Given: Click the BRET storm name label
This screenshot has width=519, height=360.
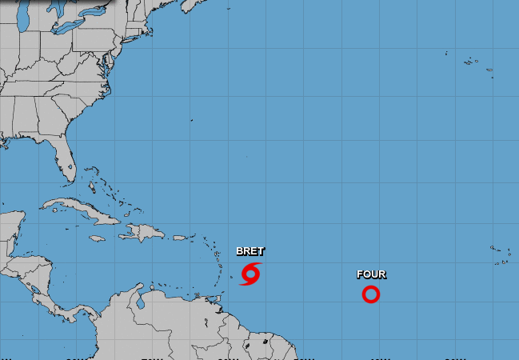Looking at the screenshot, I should click(x=250, y=251).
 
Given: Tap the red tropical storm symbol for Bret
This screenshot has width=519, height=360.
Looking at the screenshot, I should click(x=250, y=274).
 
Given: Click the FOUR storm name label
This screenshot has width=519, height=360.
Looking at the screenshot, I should click(x=371, y=274).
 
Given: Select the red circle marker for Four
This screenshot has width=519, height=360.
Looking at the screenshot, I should click(x=370, y=294).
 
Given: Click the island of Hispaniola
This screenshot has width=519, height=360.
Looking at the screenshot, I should click(x=145, y=233).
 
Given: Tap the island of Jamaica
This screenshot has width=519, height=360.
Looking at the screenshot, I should click(x=96, y=238).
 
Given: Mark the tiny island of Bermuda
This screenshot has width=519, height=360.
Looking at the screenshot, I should click(x=192, y=121).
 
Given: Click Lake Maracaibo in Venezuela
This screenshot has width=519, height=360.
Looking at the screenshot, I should click(x=139, y=303).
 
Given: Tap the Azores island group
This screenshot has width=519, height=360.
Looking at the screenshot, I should click(x=472, y=59).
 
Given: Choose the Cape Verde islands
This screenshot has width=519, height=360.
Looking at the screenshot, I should click(x=502, y=254).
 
